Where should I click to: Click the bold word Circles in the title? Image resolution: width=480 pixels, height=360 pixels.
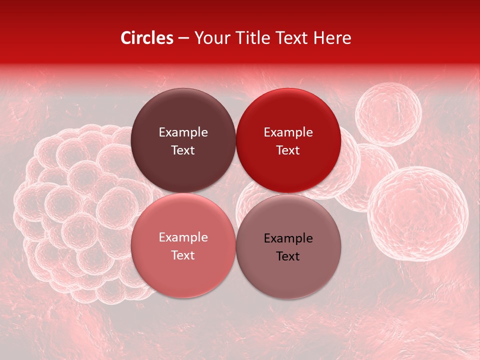click(147, 38)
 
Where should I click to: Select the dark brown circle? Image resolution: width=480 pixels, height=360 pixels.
click(183, 140)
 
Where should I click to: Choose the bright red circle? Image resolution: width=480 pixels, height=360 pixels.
click(288, 140)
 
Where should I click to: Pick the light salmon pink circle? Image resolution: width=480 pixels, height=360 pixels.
click(183, 245)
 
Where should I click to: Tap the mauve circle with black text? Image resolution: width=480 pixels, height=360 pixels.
click(288, 246)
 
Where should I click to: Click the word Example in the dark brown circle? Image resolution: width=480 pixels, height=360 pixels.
click(183, 132)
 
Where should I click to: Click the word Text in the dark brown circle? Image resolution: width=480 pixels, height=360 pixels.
click(183, 150)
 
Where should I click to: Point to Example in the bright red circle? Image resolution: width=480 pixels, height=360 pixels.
click(288, 132)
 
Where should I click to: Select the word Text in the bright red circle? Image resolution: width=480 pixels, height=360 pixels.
click(288, 150)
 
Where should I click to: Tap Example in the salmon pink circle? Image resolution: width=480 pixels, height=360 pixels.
click(183, 237)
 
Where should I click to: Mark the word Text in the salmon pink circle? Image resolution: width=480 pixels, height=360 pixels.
click(183, 255)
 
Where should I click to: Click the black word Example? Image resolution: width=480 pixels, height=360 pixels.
click(288, 238)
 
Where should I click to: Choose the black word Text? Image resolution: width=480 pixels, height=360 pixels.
click(288, 256)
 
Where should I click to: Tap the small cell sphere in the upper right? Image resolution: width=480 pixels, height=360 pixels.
click(388, 114)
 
